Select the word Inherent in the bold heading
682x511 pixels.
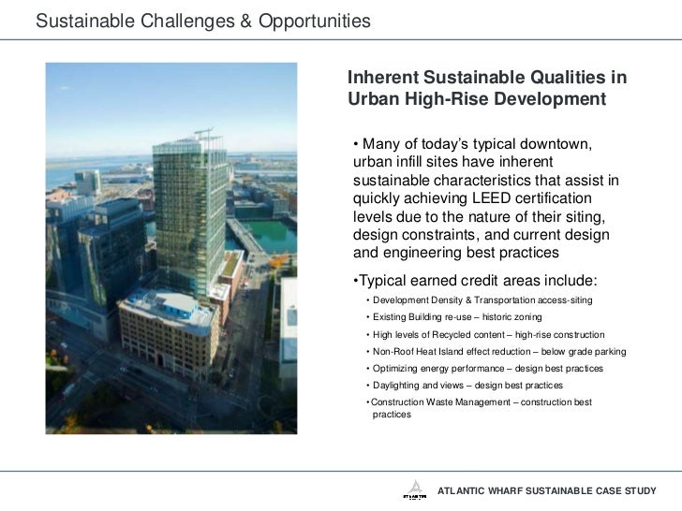point(383,78)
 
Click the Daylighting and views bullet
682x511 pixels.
point(457,386)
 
